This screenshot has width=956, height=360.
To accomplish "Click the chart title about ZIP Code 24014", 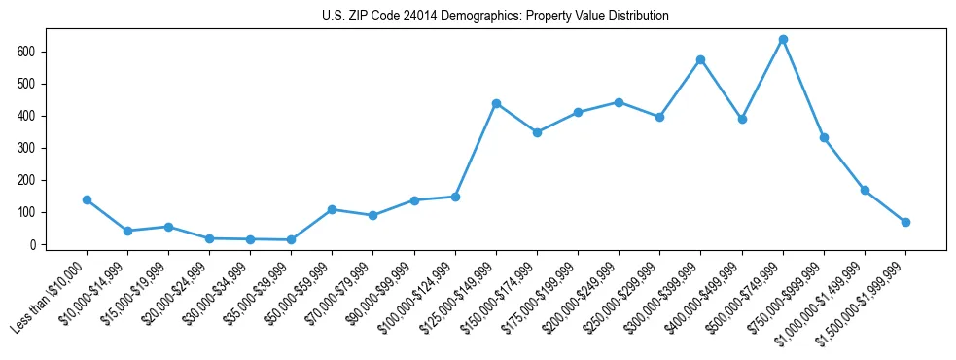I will coord(495,17).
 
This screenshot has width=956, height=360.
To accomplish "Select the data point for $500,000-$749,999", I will coord(783,40).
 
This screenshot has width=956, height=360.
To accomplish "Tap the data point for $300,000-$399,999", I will coord(700,60).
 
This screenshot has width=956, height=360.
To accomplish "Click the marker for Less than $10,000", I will coord(87,200).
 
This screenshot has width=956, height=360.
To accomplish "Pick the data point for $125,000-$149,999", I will coord(496,103).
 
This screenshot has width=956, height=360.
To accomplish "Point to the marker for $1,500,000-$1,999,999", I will coord(905,223).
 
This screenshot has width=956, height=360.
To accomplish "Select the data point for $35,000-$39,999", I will coord(291,240).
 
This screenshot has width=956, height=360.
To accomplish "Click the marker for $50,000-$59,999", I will coord(332,210).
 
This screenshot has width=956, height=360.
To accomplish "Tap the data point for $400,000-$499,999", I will coord(742,120).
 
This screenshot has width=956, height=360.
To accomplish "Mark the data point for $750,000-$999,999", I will coord(824,138).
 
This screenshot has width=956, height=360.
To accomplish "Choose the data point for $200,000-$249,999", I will coord(619,102).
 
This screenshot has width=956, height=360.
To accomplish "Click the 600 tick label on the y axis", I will coord(38,52).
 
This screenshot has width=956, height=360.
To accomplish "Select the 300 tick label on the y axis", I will coord(38,148).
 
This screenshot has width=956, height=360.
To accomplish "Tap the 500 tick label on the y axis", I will coord(38,84).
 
